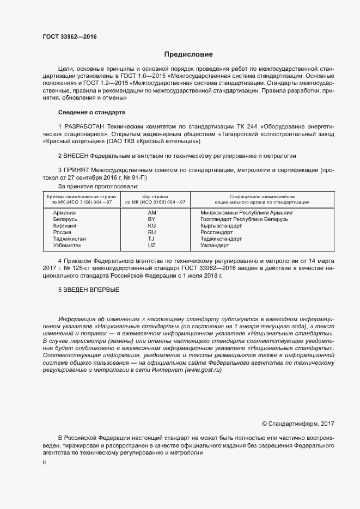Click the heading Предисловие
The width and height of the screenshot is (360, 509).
pos(188,54)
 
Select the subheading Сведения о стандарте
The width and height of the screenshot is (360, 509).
pos(91,112)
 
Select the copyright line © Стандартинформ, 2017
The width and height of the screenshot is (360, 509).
pos(298,424)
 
